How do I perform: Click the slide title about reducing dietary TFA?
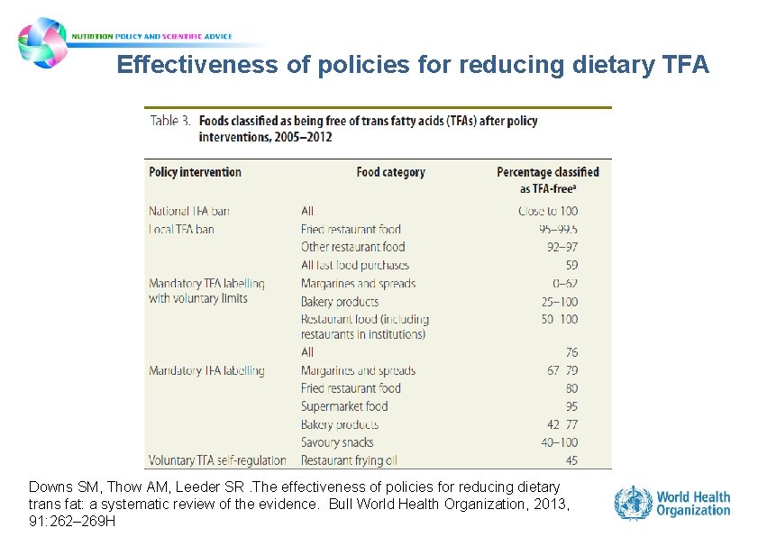click(x=413, y=65)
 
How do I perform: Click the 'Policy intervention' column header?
click(x=195, y=172)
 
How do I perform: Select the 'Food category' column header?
click(x=390, y=172)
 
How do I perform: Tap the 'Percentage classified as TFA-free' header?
click(x=547, y=179)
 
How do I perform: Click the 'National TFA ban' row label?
click(x=189, y=211)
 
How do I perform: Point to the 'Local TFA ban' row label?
click(x=181, y=229)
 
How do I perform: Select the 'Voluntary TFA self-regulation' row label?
click(x=217, y=460)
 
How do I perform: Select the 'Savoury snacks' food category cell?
click(x=337, y=442)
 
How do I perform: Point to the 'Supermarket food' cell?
click(x=344, y=406)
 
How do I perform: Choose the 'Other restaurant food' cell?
click(x=352, y=247)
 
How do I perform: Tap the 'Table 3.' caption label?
click(x=169, y=121)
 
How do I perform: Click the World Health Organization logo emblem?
click(x=633, y=503)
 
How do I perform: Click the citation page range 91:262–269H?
click(x=72, y=520)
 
